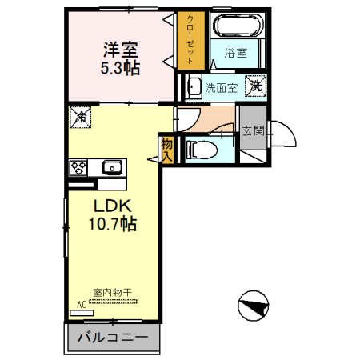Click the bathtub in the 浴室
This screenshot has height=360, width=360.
(237, 26)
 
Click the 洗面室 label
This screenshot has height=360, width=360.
(222, 87)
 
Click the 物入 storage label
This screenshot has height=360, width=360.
(166, 149)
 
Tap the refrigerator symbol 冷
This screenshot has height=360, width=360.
(81, 117)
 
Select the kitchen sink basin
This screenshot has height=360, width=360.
(110, 167)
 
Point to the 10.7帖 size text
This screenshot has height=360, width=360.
(112, 226)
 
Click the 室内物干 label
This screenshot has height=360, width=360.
(111, 293)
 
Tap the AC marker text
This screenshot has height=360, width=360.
(82, 304)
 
